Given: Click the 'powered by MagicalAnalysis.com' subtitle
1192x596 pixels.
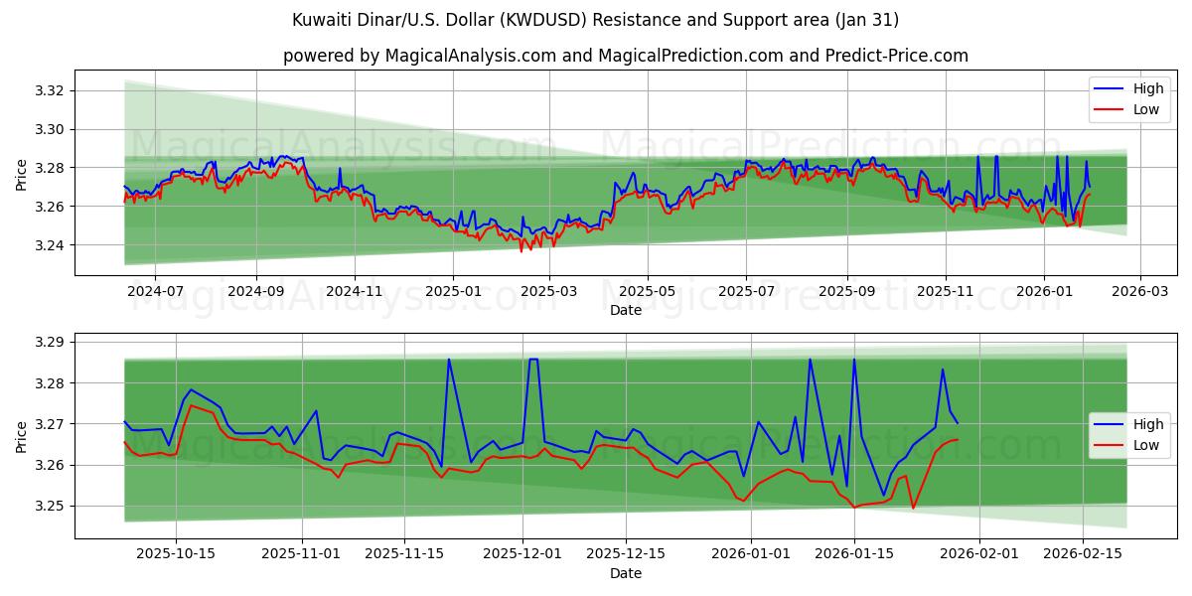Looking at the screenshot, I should point(625,56).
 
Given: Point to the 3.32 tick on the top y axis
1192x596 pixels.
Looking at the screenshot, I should point(50,91).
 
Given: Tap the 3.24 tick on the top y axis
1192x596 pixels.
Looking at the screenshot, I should point(50,245).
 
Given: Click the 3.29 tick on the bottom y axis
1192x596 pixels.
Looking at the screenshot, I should point(50,343).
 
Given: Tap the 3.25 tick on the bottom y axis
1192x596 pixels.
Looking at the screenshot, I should point(50,507).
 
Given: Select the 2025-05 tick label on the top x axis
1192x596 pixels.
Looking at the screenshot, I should point(648,292).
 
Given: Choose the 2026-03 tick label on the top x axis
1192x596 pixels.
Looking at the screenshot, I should point(1139,292).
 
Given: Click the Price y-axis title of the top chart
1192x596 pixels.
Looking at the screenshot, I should point(22,174).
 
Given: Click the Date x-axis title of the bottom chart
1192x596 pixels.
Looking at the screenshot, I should point(626,573).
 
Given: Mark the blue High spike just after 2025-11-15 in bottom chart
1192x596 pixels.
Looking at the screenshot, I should point(449,360).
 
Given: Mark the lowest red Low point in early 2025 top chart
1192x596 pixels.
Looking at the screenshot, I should point(521,250).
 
